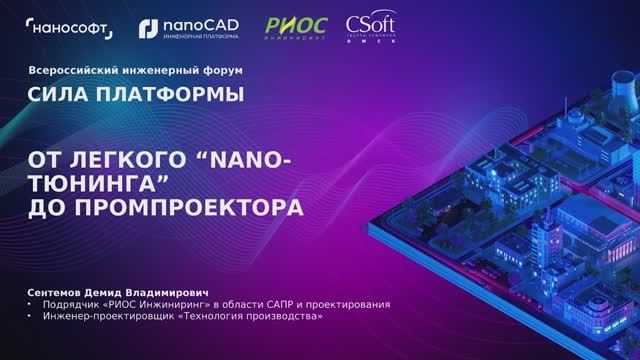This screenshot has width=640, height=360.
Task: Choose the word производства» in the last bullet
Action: (x=285, y=316)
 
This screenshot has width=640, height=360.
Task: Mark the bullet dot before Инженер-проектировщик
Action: (x=30, y=316)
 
